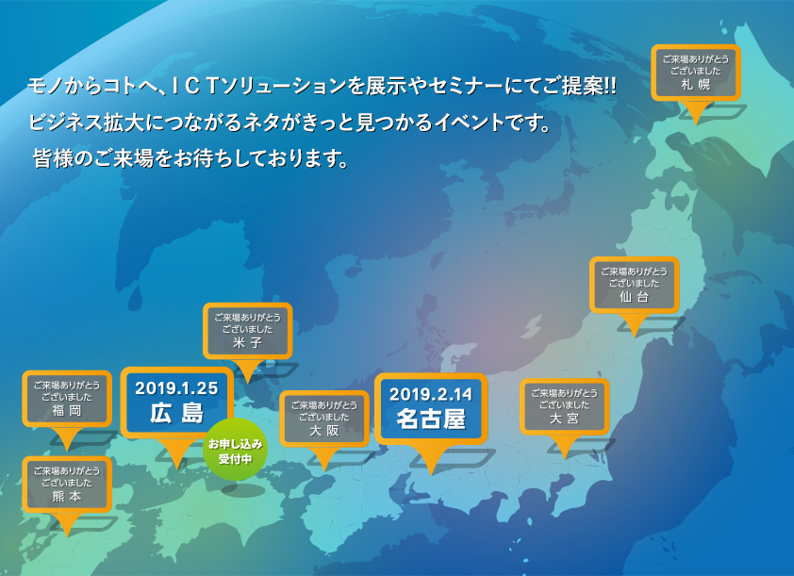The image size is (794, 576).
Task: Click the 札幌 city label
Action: click(696, 85)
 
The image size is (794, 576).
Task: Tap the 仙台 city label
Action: click(634, 297)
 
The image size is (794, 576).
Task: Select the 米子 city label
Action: click(248, 343)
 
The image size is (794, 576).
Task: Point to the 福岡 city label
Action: click(67, 410)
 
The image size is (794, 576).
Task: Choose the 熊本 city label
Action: click(67, 496)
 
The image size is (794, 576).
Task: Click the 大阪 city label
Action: click(324, 431)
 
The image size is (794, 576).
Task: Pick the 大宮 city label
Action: click(564, 419)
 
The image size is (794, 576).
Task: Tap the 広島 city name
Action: click(176, 414)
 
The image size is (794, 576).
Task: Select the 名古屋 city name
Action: click(431, 419)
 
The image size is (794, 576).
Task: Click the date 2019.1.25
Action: click(176, 388)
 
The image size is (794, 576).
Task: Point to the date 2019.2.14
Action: click(431, 394)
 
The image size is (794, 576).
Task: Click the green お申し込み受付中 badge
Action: click(236, 450)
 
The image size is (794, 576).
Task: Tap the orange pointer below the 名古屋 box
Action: click(430, 459)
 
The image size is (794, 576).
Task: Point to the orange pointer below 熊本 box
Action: click(67, 524)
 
